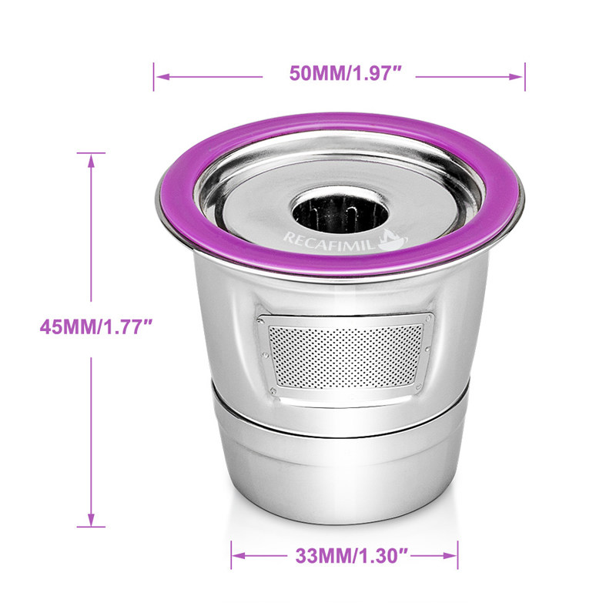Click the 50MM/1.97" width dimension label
(345, 73)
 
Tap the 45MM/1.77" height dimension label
(95, 326)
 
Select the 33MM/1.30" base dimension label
(353, 556)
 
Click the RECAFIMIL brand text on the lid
(329, 240)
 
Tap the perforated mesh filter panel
(345, 356)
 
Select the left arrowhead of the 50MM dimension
(162, 76)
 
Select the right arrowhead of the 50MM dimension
(515, 76)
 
